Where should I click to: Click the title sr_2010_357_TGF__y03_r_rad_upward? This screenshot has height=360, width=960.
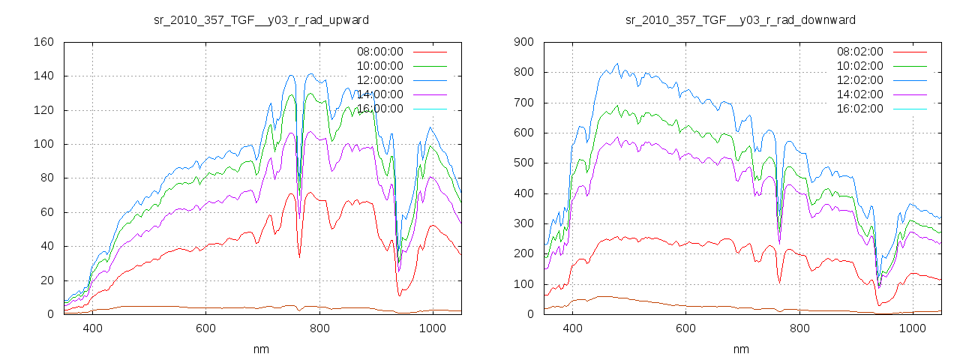(261, 19)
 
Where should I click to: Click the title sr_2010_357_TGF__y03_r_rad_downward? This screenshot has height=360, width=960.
(741, 19)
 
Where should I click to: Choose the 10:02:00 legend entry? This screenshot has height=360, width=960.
(859, 66)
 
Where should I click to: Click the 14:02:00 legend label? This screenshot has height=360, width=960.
(859, 94)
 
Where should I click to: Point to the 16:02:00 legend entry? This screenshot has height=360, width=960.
(859, 109)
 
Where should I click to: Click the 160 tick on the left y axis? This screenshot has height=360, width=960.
(43, 42)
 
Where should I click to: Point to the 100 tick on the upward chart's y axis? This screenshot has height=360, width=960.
(43, 144)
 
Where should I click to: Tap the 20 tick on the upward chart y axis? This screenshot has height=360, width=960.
(46, 280)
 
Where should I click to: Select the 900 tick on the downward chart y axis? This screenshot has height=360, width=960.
(523, 42)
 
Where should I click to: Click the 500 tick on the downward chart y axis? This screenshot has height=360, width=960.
(523, 163)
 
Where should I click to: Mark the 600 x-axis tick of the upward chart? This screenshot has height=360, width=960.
(206, 328)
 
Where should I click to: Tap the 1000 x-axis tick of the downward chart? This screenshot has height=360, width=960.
(912, 328)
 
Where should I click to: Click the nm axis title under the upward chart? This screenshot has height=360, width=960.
(261, 349)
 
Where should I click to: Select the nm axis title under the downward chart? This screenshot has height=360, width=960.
(741, 349)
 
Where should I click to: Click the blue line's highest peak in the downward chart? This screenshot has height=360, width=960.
(617, 64)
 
